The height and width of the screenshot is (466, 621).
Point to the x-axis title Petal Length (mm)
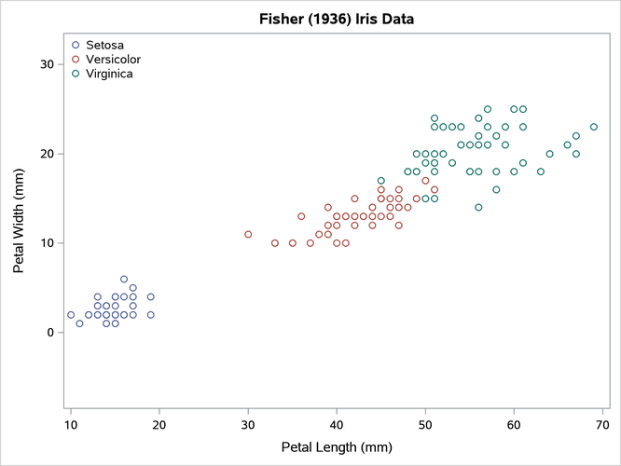point(336,447)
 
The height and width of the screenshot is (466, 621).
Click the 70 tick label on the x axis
point(602,426)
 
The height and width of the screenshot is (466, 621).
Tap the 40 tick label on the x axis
point(337,426)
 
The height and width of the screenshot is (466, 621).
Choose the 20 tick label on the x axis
point(159,426)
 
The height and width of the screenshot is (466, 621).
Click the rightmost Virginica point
point(594,127)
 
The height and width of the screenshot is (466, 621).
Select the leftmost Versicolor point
point(248,234)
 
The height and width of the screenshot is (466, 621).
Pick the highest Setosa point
point(124,279)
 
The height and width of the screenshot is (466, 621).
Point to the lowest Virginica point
point(478,207)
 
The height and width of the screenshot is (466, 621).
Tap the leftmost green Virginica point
point(381,181)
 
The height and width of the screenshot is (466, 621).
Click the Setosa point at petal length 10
point(71,315)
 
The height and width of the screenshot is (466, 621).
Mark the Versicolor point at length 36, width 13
point(301,216)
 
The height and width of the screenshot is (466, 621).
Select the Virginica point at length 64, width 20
point(549,154)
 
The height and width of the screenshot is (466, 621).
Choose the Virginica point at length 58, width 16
point(496,189)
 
